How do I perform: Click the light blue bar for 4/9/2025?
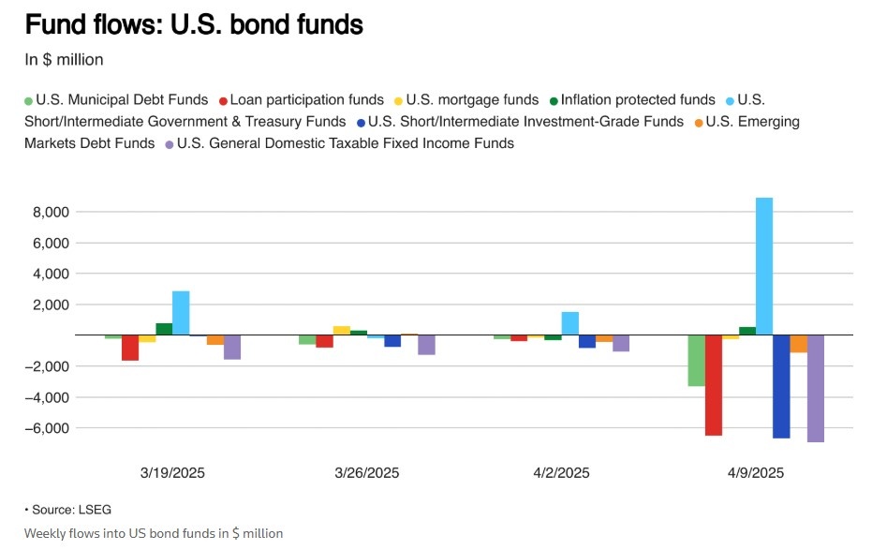click(764, 266)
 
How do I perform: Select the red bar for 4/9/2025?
click(714, 385)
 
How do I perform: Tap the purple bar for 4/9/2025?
click(815, 388)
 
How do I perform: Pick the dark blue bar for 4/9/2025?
click(781, 386)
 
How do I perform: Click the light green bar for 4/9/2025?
click(696, 361)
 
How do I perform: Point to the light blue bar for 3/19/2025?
click(181, 313)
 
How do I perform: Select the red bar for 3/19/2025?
click(130, 348)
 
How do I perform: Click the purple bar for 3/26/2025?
click(426, 345)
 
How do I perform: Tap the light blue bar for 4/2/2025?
click(569, 323)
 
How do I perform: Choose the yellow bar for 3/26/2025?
click(342, 330)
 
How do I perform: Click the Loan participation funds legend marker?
click(223, 100)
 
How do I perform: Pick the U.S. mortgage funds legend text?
click(473, 99)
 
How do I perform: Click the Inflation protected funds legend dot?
click(554, 100)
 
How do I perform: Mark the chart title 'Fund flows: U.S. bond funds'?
click(194, 25)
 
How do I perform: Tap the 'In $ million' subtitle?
click(64, 59)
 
